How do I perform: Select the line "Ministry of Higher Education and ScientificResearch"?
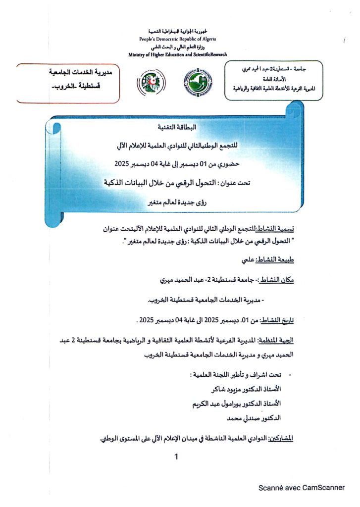click(177, 54)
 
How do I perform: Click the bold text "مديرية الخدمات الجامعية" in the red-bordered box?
click(77, 73)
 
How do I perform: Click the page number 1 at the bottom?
click(176, 457)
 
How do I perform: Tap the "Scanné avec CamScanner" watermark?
click(301, 488)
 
